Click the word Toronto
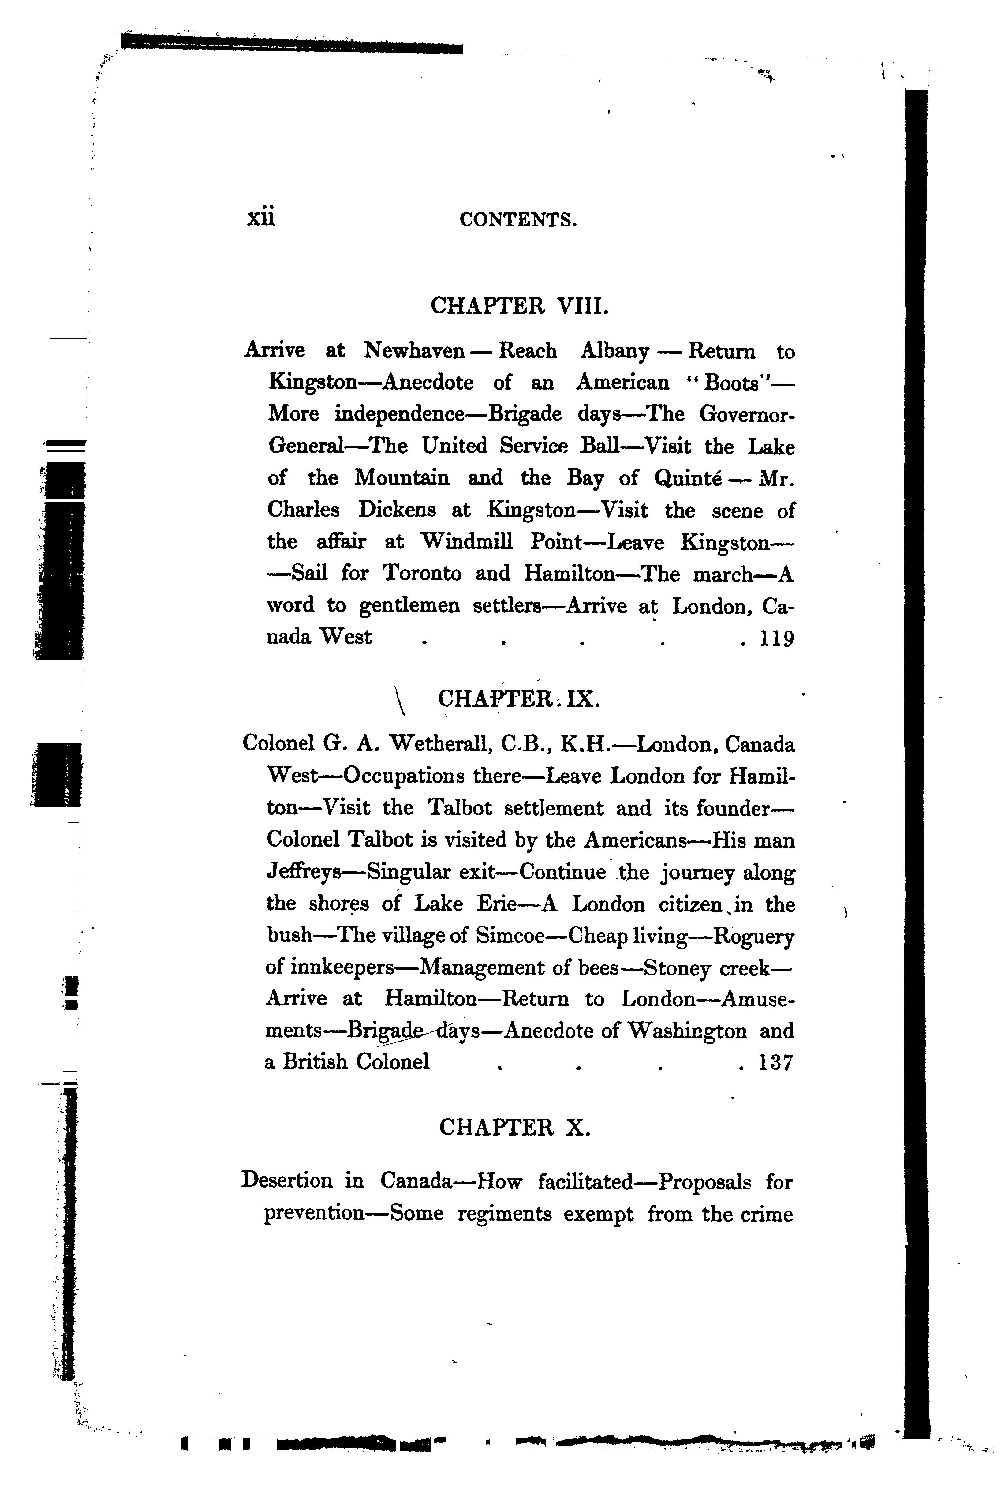click(x=422, y=573)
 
